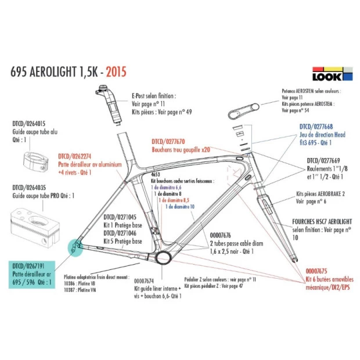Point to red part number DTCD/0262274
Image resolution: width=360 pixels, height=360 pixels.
[76, 156]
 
